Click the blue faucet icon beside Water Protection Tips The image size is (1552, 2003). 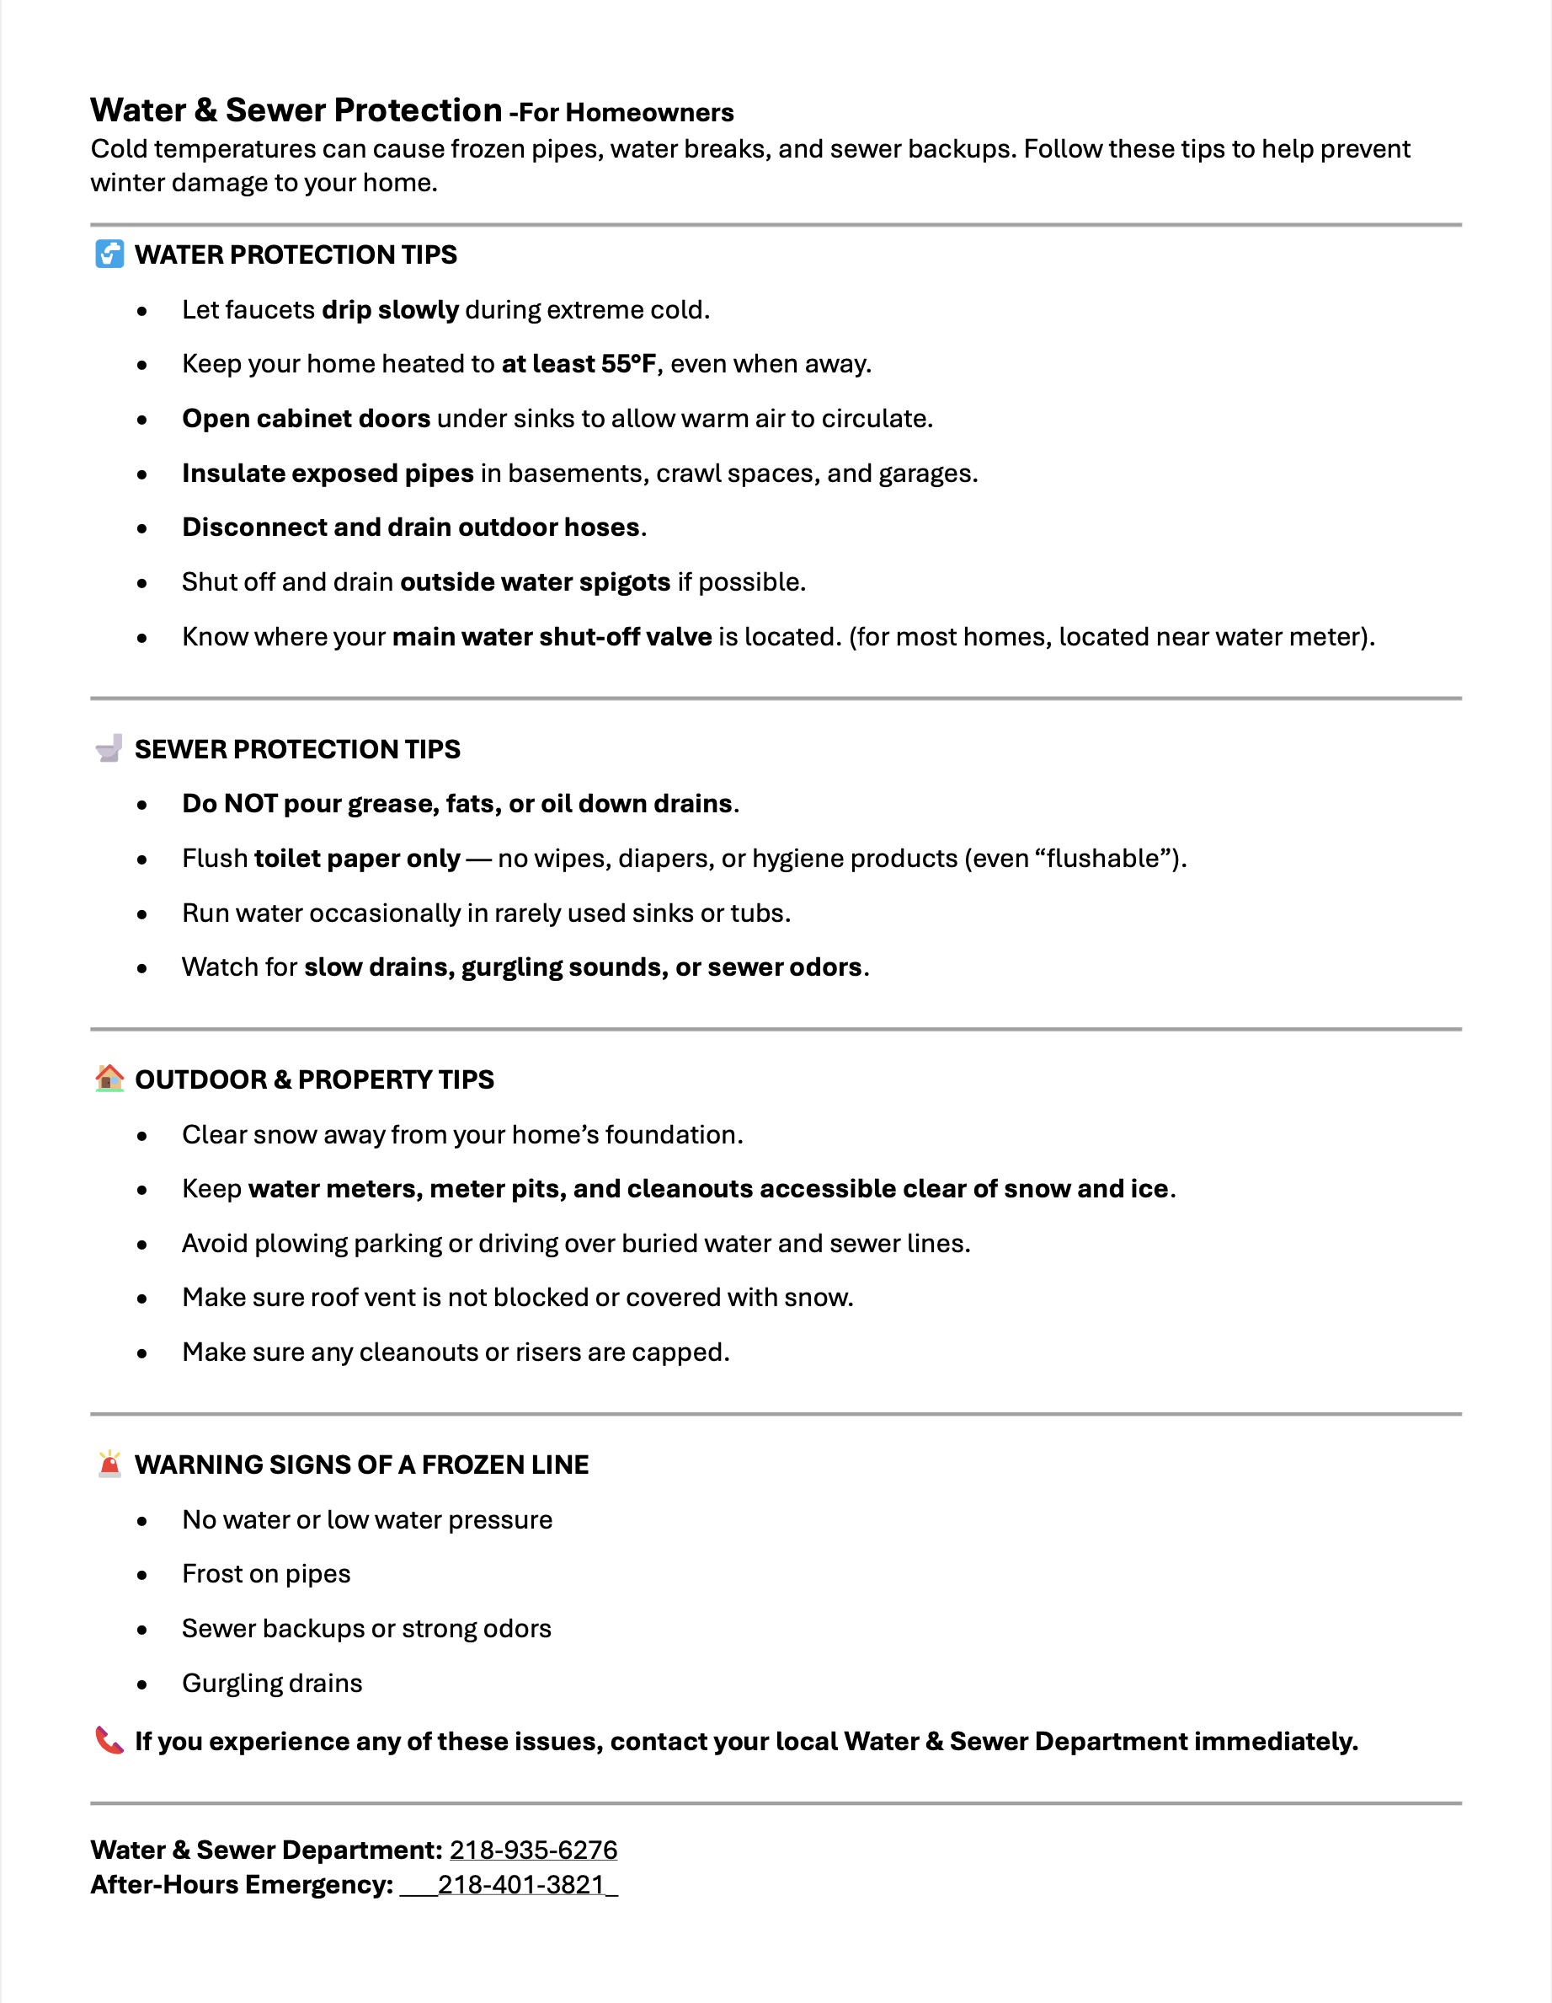[x=109, y=254]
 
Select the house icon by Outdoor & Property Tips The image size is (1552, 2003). [x=109, y=1078]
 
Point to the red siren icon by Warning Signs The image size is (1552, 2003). [x=109, y=1463]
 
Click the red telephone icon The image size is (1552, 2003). [x=109, y=1740]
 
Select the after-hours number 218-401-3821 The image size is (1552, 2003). [x=520, y=1885]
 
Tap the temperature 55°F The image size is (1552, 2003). [x=629, y=364]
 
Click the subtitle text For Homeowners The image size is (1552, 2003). [x=627, y=113]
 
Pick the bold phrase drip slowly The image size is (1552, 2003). [x=390, y=310]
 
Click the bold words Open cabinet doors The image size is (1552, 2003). [x=307, y=419]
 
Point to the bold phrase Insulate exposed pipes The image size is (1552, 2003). [x=328, y=474]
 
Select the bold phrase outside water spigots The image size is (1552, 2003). [x=536, y=582]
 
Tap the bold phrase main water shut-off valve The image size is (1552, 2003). [x=552, y=636]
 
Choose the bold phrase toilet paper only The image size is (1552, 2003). [x=356, y=859]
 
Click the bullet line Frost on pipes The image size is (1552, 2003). [x=266, y=1574]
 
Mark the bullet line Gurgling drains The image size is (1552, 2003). [x=272, y=1683]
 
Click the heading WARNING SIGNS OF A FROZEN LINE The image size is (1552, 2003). [x=361, y=1465]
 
